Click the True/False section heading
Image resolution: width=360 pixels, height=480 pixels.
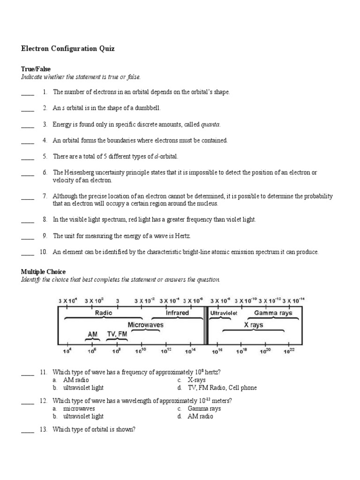pyautogui.click(x=36, y=69)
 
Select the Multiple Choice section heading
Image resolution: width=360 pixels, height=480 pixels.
pyautogui.click(x=43, y=272)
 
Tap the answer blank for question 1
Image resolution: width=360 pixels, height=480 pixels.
pyautogui.click(x=28, y=93)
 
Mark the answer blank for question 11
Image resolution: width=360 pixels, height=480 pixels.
pyautogui.click(x=28, y=373)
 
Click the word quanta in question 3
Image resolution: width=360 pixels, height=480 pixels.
pyautogui.click(x=210, y=124)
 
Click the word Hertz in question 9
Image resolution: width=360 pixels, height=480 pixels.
pyautogui.click(x=182, y=236)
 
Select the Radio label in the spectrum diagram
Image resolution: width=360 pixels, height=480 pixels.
pyautogui.click(x=104, y=312)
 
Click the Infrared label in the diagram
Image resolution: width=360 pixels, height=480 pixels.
pyautogui.click(x=177, y=313)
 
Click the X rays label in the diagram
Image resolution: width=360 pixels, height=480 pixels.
pyautogui.click(x=253, y=324)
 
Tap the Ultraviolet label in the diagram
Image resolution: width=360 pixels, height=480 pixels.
pyautogui.click(x=224, y=313)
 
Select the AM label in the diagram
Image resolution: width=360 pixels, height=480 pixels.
pyautogui.click(x=92, y=334)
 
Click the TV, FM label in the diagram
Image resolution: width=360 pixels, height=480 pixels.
pyautogui.click(x=117, y=334)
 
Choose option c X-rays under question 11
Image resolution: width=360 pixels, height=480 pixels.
pyautogui.click(x=196, y=380)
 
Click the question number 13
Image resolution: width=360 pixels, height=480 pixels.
pyautogui.click(x=44, y=429)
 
